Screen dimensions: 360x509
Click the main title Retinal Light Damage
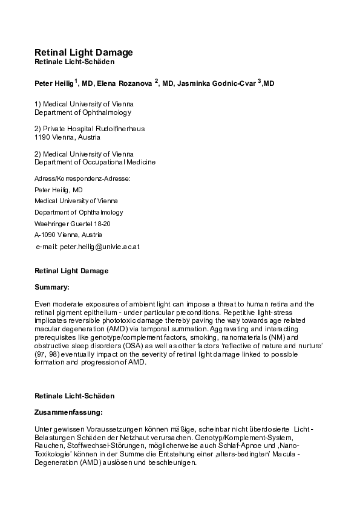pyautogui.click(x=83, y=53)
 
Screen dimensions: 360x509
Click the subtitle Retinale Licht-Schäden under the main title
pyautogui.click(x=74, y=62)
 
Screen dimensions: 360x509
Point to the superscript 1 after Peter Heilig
pyautogui.click(x=76, y=79)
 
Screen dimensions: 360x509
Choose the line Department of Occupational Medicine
pyautogui.click(x=95, y=162)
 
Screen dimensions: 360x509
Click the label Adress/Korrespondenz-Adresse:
pyautogui.click(x=82, y=178)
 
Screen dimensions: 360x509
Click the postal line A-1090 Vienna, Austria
pyautogui.click(x=68, y=235)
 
